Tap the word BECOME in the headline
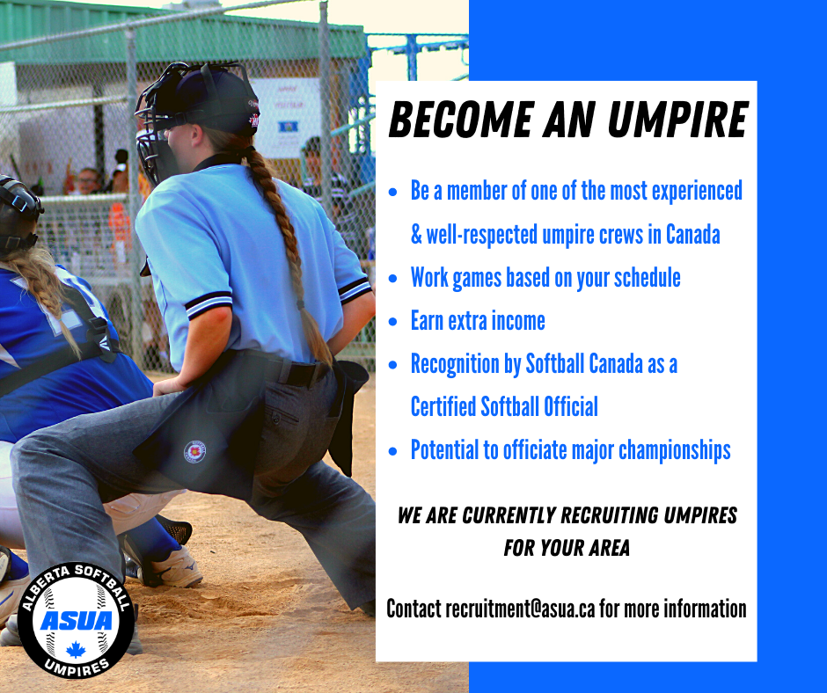(461, 120)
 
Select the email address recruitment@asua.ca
(520, 609)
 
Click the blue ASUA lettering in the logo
(77, 621)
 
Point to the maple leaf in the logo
(76, 650)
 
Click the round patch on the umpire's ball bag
(194, 451)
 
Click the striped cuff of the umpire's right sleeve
(209, 304)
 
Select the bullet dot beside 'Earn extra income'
(392, 321)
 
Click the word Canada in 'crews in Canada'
(693, 234)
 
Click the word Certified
(443, 406)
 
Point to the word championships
(675, 451)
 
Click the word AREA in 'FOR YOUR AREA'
(610, 548)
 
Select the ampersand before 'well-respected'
(416, 235)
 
